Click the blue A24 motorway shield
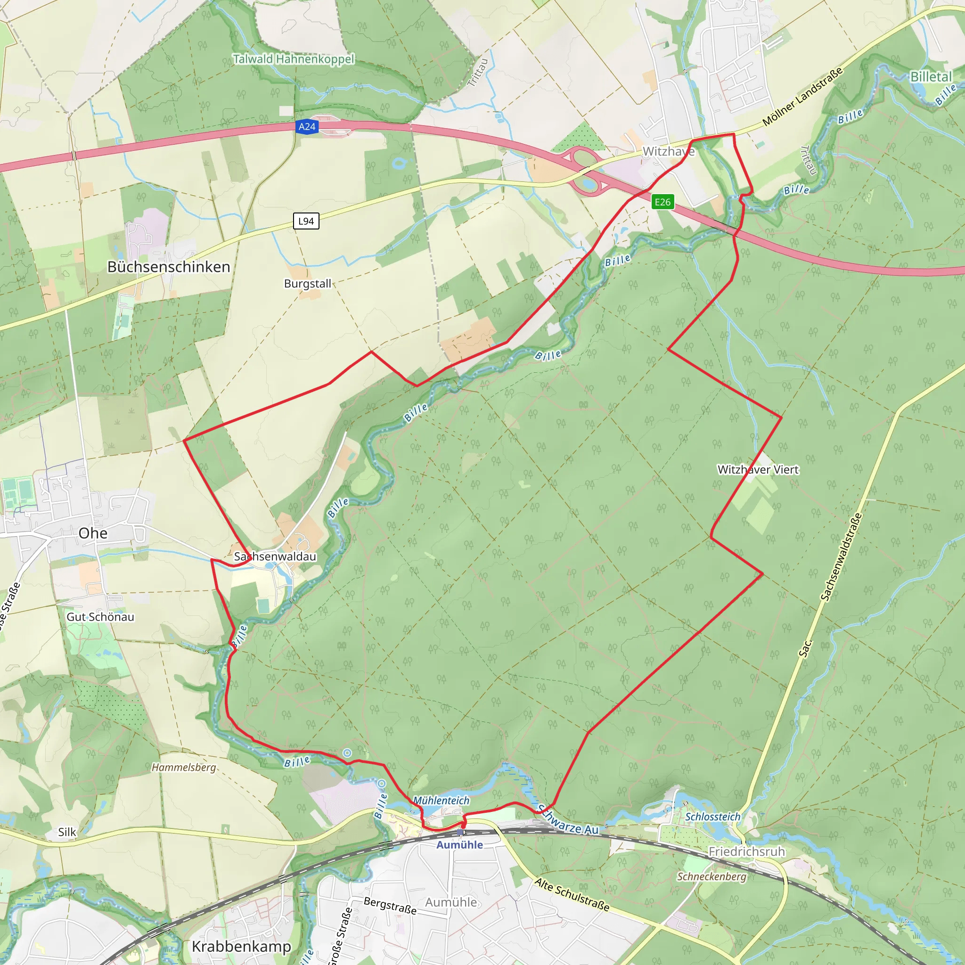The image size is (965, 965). (x=307, y=127)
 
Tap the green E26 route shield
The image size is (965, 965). (x=662, y=202)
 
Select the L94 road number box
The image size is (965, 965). (x=306, y=221)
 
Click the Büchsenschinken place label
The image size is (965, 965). (x=169, y=267)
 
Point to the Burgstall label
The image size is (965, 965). (x=307, y=284)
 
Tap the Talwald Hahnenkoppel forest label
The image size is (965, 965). (x=294, y=59)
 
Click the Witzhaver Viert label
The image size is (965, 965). (x=758, y=469)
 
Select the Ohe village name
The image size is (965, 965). (x=93, y=533)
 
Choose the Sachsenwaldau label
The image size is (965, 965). (x=275, y=556)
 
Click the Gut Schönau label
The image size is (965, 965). (x=100, y=617)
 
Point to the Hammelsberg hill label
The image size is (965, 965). (x=184, y=767)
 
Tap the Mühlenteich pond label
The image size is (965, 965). (x=441, y=800)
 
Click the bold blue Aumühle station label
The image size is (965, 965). (x=459, y=845)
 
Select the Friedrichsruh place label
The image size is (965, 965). (x=747, y=851)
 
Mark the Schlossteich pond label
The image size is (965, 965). (x=713, y=817)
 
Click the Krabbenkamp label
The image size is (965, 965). (x=241, y=947)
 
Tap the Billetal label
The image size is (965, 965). (x=931, y=76)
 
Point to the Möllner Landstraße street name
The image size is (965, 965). (x=802, y=96)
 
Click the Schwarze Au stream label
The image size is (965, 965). (x=568, y=820)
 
